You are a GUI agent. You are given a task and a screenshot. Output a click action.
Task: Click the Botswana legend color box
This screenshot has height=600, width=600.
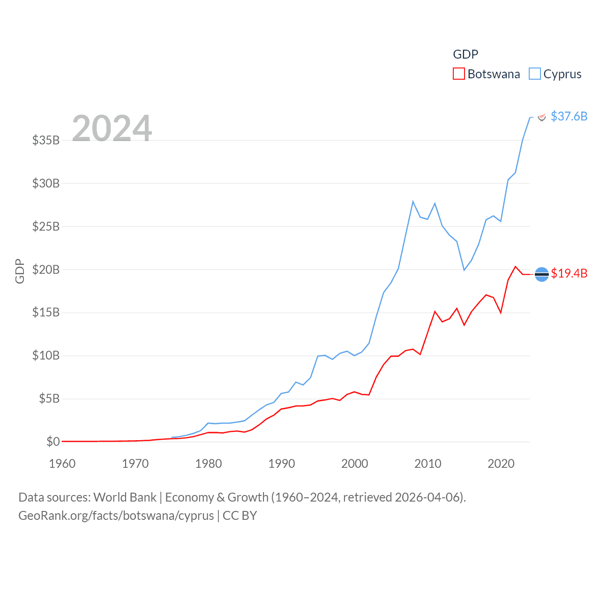(x=458, y=74)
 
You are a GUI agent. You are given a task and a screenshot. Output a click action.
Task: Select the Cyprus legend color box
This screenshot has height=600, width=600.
(x=534, y=74)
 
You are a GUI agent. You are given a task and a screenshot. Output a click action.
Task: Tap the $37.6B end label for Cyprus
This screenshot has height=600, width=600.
(x=569, y=116)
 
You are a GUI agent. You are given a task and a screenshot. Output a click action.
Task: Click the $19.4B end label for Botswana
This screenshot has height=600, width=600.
(x=569, y=273)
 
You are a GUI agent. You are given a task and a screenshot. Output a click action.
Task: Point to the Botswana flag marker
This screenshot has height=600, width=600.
(x=541, y=274)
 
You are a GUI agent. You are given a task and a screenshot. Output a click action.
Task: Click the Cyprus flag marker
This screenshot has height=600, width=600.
(x=542, y=117)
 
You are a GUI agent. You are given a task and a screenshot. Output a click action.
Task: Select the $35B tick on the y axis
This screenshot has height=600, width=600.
(x=46, y=140)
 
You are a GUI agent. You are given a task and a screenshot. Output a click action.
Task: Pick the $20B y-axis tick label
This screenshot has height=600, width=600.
(x=46, y=270)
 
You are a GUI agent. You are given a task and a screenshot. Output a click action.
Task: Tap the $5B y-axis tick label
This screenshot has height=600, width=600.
(x=49, y=399)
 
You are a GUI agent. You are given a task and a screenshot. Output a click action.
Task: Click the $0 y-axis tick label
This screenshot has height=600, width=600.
(x=53, y=442)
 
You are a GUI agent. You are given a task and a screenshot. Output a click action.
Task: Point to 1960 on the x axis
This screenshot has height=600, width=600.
(x=62, y=464)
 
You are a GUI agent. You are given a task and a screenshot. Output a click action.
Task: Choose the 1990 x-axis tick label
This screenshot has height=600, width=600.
(x=282, y=464)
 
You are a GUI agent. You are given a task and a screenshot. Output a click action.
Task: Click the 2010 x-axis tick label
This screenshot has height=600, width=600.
(x=428, y=464)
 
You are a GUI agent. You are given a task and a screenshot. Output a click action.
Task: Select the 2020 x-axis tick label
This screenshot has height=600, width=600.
(x=501, y=464)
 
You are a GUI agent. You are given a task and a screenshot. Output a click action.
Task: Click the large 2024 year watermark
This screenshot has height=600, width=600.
(x=112, y=128)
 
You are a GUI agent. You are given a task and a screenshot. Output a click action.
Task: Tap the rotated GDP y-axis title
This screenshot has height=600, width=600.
(x=20, y=271)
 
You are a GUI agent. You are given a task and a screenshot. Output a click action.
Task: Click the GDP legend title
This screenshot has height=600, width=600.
(x=465, y=54)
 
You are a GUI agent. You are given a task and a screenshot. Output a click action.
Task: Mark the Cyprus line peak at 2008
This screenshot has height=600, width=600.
(x=413, y=202)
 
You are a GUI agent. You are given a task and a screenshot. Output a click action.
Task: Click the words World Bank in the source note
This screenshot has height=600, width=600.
(x=125, y=497)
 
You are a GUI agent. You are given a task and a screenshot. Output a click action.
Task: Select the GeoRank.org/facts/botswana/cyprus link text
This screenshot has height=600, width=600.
(x=116, y=516)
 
